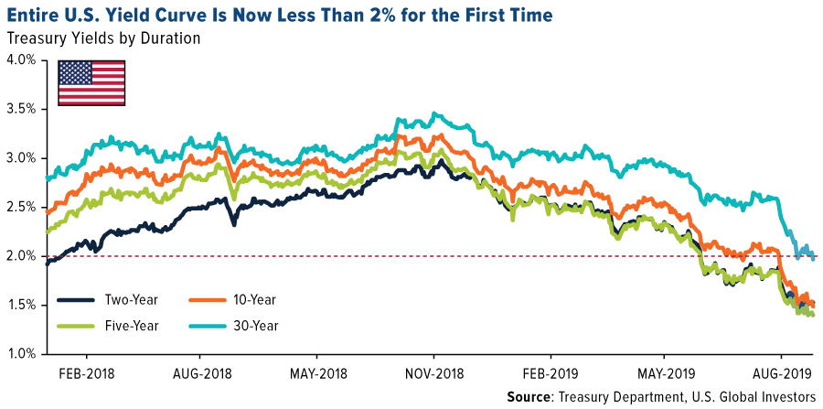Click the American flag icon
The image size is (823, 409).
click(x=91, y=81)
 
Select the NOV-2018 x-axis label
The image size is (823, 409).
click(x=433, y=373)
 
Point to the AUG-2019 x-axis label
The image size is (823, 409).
click(x=781, y=373)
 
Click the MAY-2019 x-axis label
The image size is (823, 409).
click(x=665, y=373)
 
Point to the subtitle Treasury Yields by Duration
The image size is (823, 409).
click(x=102, y=38)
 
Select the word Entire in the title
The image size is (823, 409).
click(x=34, y=16)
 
